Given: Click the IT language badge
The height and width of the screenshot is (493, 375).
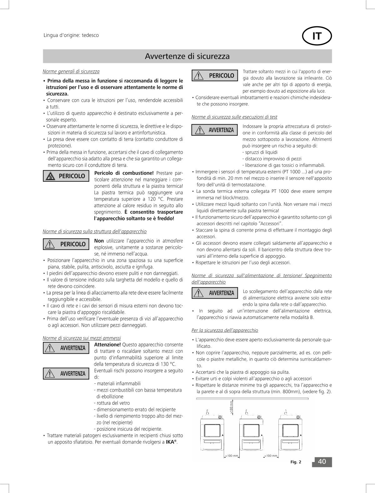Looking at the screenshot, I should [x=317, y=36].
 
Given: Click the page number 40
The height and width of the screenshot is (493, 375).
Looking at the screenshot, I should [x=322, y=462].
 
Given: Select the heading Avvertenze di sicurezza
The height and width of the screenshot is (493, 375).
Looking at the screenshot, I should [x=187, y=56].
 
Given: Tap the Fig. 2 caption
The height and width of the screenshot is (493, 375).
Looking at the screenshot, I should [x=296, y=462].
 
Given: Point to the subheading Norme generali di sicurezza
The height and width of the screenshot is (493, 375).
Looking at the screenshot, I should [x=71, y=71].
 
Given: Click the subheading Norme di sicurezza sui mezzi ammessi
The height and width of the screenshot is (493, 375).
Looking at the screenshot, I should [x=82, y=338].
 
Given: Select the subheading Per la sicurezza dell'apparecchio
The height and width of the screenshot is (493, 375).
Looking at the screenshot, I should [x=225, y=330].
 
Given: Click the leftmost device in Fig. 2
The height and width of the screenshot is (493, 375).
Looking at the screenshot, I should [x=212, y=434].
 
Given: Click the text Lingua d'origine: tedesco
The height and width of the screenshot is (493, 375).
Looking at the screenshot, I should [x=71, y=35].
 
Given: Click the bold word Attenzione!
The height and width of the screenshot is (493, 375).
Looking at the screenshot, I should [x=107, y=345].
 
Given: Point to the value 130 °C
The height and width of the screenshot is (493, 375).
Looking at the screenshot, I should [x=168, y=364].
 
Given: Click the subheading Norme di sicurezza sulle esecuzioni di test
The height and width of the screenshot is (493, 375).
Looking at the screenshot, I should [x=234, y=117].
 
